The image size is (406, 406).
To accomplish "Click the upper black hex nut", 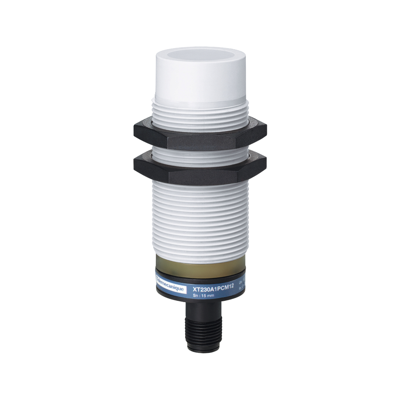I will coord(200,135).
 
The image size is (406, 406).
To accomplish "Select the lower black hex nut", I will coord(200,167).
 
